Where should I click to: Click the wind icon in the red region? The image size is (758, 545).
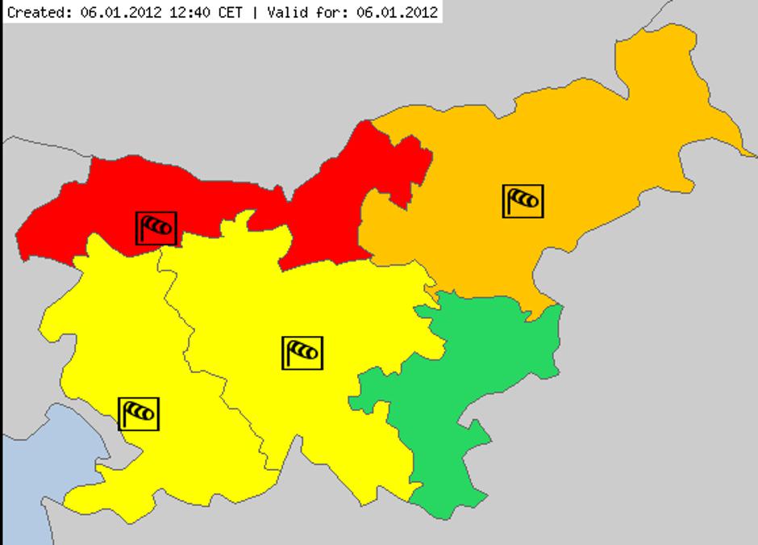point(156,228)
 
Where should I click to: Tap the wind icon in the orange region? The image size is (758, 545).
point(523,201)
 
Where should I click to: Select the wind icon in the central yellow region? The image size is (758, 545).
point(302,353)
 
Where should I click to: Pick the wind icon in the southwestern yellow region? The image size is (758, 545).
point(139,414)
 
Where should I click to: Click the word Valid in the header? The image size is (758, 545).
point(282,12)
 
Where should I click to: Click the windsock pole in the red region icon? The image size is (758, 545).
point(142,229)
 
